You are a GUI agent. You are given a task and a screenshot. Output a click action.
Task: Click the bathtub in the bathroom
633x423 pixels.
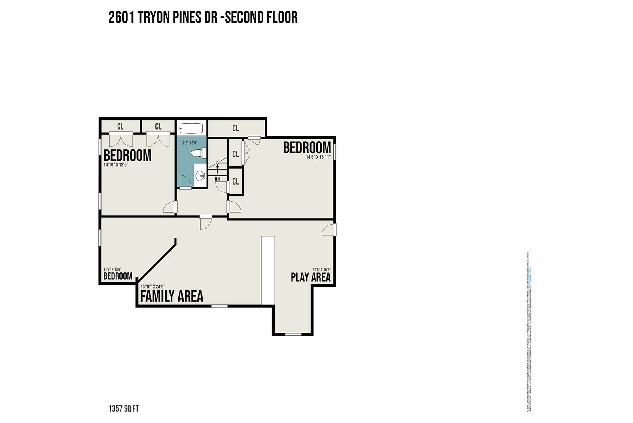coord(191,129)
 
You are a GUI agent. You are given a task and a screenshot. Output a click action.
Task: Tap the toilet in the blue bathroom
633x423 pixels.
coord(198,153)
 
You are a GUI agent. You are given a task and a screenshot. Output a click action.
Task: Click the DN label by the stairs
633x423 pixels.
coord(217,179)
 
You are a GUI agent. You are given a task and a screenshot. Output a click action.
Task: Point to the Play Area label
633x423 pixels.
coord(311,277)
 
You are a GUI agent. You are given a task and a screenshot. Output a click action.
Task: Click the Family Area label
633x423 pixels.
coord(172,296)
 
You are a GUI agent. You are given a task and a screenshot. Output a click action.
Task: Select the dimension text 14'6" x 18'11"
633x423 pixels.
coord(318,157)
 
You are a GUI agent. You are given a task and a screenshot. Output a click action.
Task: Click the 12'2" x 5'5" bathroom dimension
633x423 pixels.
coord(189,142)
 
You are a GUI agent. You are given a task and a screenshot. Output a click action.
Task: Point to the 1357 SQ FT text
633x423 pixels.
coord(123,408)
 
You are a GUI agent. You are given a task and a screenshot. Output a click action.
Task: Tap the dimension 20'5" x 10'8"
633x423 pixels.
coord(321,270)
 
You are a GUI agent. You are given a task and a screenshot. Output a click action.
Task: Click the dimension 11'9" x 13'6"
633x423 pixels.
coord(112,269)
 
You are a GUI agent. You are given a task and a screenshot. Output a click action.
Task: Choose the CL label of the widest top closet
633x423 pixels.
coord(236,128)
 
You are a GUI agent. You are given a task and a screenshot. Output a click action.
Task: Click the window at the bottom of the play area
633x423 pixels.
coord(293,334)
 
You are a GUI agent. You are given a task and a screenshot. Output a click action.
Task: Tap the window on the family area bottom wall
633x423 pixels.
coord(219,306)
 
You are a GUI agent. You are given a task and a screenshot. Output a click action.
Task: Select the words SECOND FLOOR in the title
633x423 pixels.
coord(261,17)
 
